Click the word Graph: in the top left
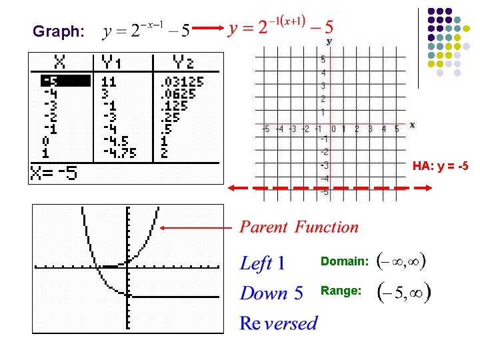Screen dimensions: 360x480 59,31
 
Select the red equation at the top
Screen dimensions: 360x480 281,28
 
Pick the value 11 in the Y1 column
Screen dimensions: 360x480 109,82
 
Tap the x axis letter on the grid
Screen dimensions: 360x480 412,125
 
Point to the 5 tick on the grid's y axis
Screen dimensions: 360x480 323,59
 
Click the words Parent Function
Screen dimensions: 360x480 299,227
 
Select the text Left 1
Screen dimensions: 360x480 263,263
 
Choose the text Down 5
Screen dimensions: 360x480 271,293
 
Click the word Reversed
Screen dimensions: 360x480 279,324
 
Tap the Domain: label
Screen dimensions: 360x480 343,261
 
